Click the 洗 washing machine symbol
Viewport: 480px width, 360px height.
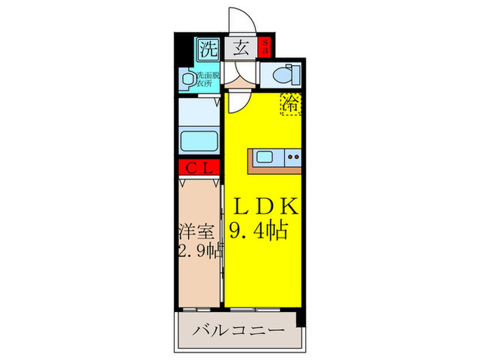click(x=207, y=48)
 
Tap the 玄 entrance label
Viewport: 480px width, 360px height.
click(x=241, y=48)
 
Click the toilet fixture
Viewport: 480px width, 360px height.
click(x=282, y=74)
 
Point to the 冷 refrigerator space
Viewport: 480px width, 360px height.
click(x=291, y=104)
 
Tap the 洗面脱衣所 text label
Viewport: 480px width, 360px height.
click(x=207, y=80)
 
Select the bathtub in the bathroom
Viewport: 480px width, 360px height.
click(x=199, y=141)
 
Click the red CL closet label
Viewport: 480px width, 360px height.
click(x=199, y=167)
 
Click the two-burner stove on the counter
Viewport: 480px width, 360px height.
click(x=293, y=158)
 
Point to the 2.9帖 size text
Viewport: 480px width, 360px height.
click(x=199, y=251)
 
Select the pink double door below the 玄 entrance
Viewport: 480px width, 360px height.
click(x=242, y=83)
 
